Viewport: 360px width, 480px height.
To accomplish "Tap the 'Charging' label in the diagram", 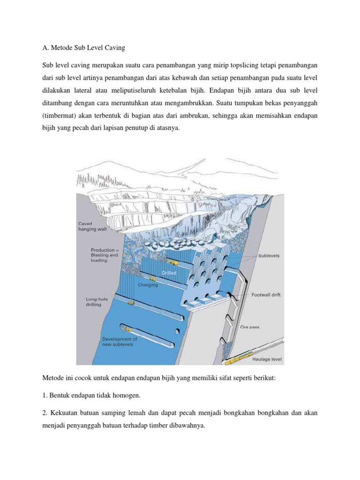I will point(148,285).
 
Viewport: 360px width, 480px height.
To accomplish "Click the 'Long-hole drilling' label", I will point(97,301).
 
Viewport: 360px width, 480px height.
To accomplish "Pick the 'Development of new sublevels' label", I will point(120,341).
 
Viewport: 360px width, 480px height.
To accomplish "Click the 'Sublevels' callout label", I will point(269,256).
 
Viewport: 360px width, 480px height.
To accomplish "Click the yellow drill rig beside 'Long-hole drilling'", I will point(132,303).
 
